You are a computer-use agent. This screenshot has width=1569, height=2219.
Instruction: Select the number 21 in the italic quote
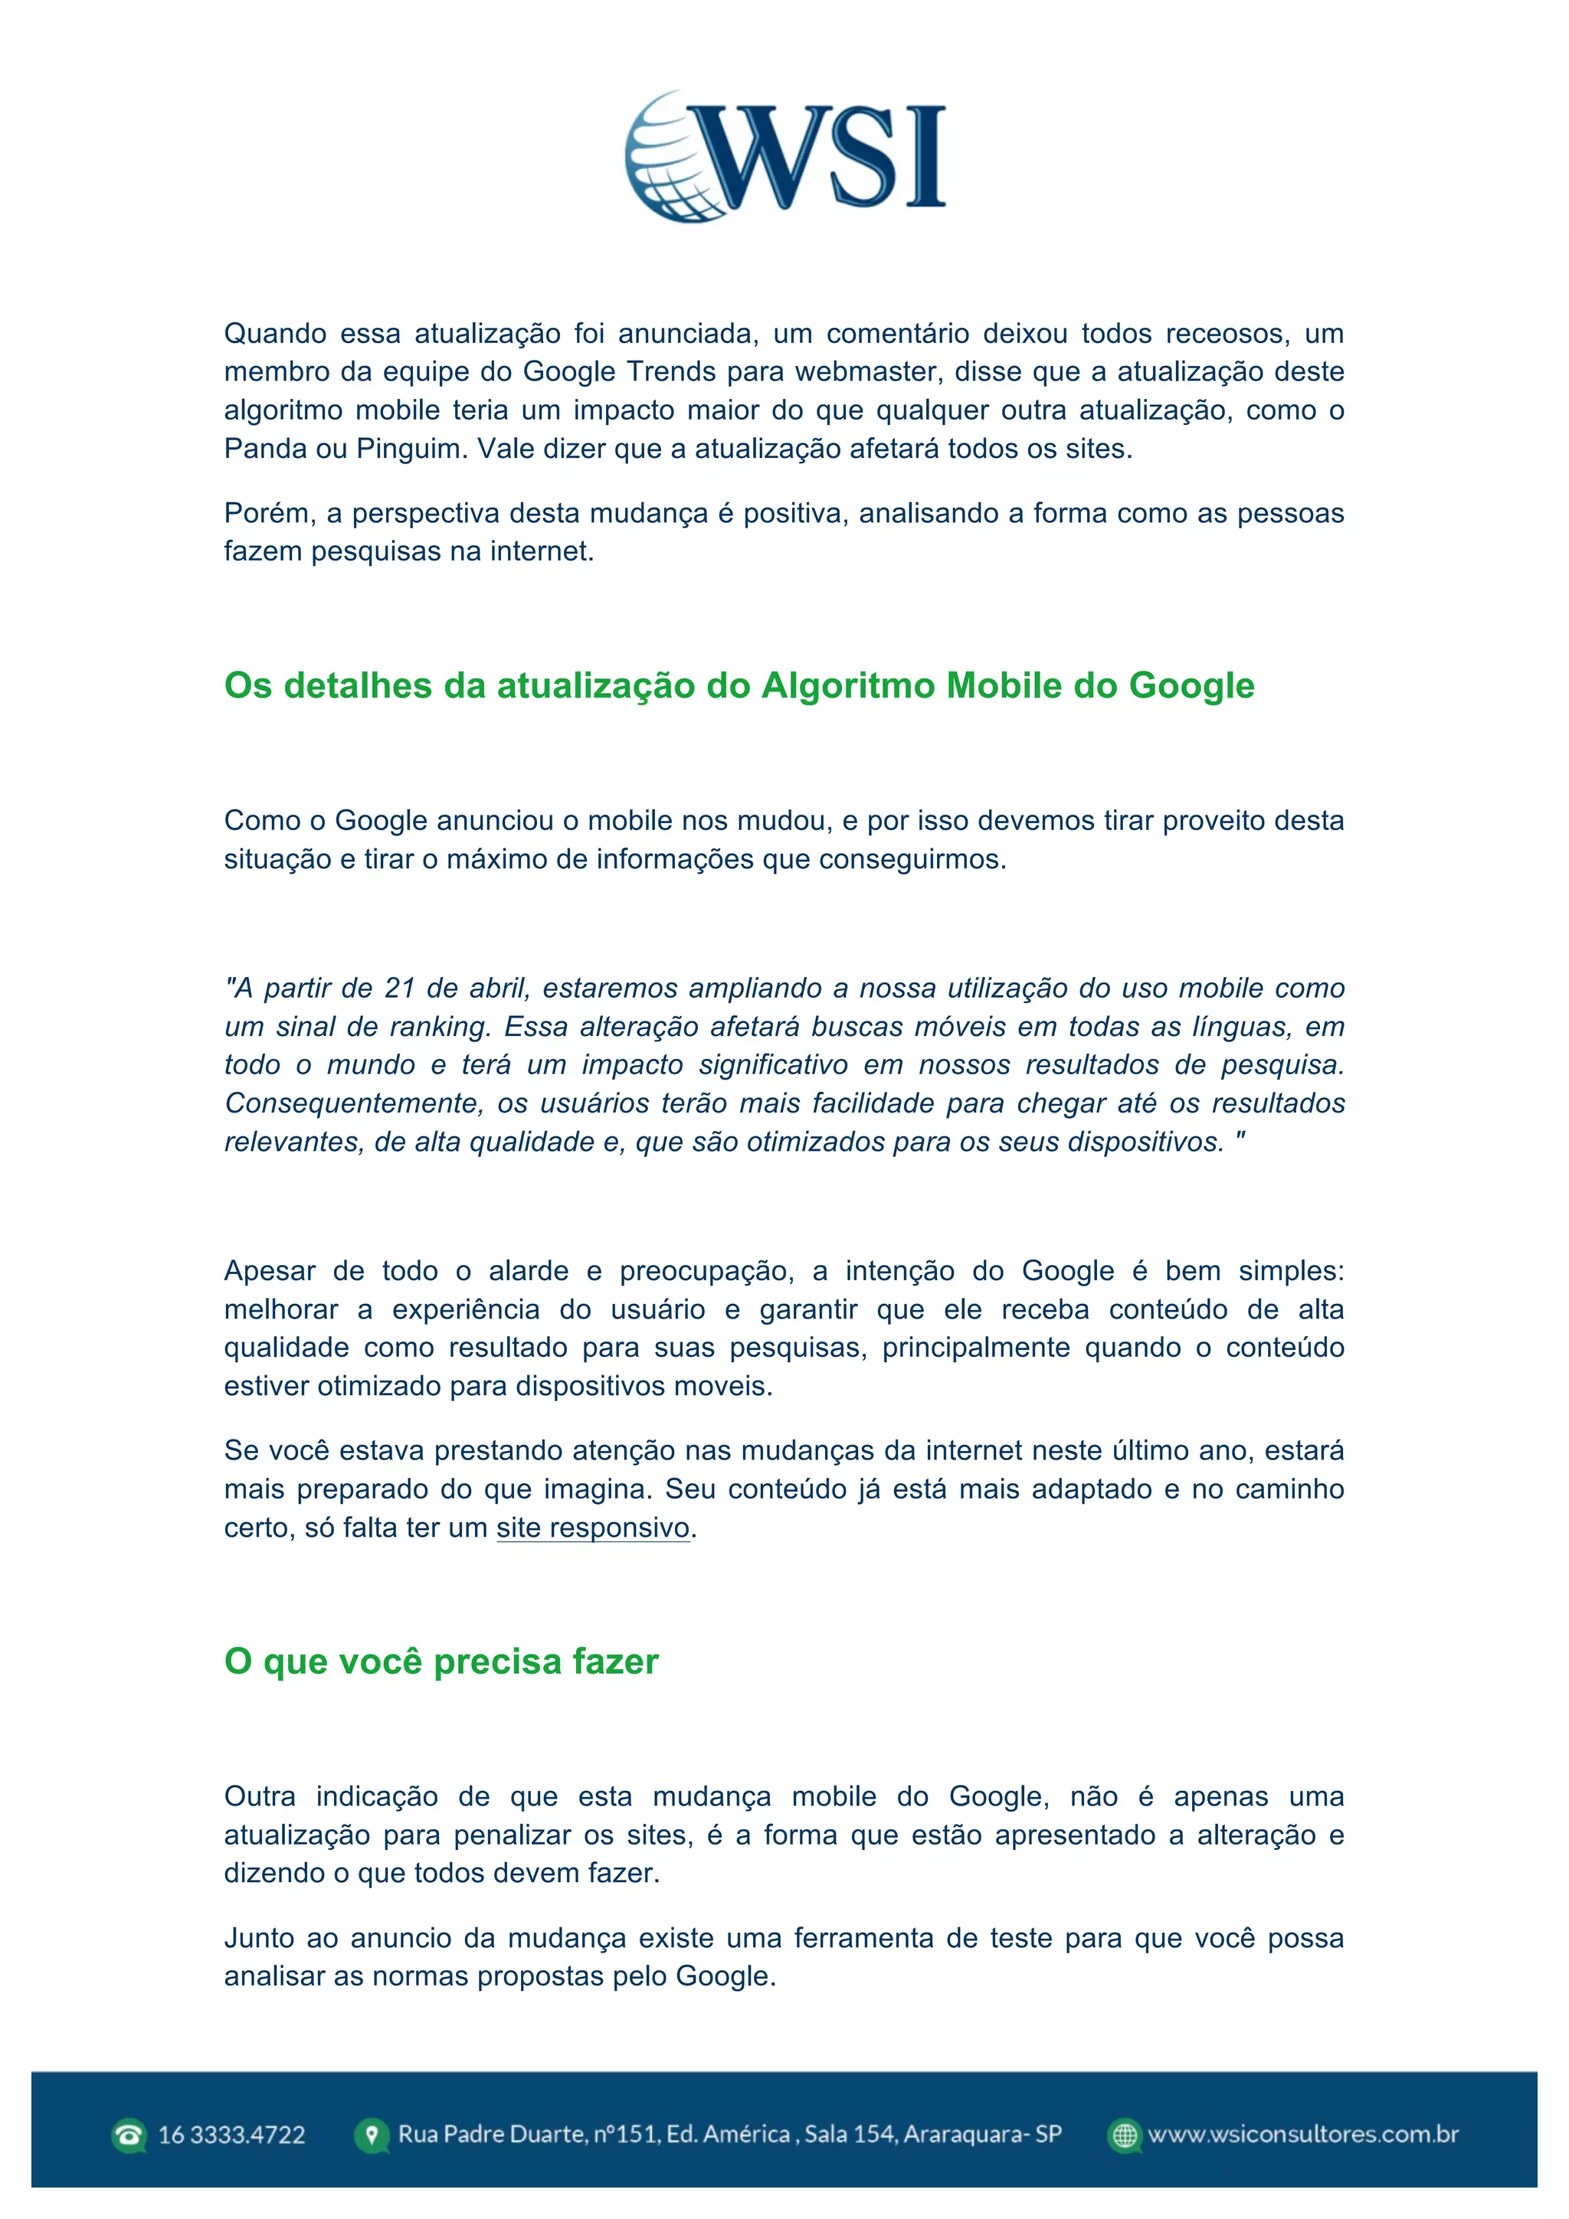tap(399, 988)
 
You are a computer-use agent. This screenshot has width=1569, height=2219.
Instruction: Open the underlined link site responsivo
tap(593, 1528)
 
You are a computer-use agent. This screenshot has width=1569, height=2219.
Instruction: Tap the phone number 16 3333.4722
tap(231, 2135)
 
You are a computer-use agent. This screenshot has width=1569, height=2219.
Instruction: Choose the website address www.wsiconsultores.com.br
tap(1302, 2134)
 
